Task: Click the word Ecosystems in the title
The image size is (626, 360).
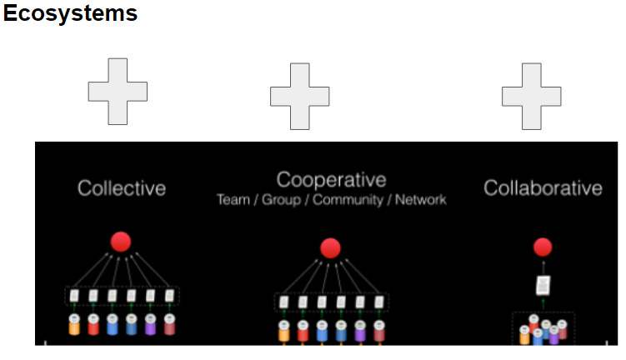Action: point(70,14)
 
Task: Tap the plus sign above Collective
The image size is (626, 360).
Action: point(118,92)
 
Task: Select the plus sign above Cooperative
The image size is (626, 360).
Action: point(299,97)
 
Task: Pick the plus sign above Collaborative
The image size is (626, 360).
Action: point(531,97)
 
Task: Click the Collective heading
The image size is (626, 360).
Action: point(122,188)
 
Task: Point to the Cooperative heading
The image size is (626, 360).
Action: point(331,180)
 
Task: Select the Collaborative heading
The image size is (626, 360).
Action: point(543,188)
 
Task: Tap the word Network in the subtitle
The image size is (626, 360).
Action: point(421,200)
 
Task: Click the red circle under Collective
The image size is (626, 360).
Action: point(122,242)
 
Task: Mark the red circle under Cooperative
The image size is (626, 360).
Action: point(331,247)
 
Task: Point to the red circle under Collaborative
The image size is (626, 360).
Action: point(543,247)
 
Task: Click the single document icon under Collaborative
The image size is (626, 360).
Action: point(543,286)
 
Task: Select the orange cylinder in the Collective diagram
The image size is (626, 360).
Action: point(73,324)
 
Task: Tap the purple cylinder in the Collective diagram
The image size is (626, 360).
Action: point(151,324)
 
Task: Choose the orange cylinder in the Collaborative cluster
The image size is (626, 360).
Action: point(525,334)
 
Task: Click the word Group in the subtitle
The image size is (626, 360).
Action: point(282,200)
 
